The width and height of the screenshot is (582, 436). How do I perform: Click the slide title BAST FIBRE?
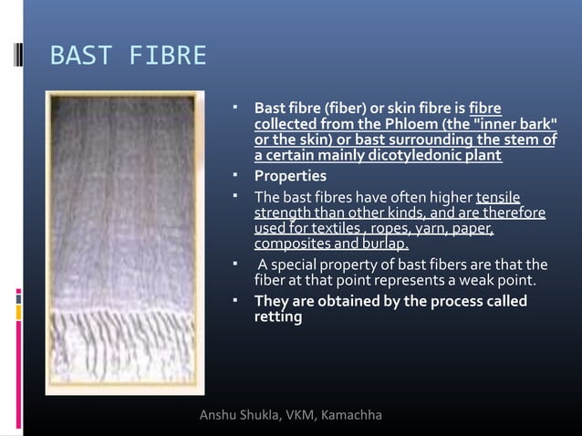(x=127, y=57)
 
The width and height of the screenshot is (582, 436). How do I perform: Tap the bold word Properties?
(x=289, y=175)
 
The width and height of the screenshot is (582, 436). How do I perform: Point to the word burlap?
(x=388, y=244)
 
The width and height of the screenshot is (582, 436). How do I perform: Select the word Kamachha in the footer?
(x=352, y=417)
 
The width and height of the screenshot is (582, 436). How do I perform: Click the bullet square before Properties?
(x=235, y=173)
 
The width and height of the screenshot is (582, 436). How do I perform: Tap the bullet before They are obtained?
(x=235, y=299)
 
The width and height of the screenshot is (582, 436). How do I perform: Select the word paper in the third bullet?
(x=473, y=228)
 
